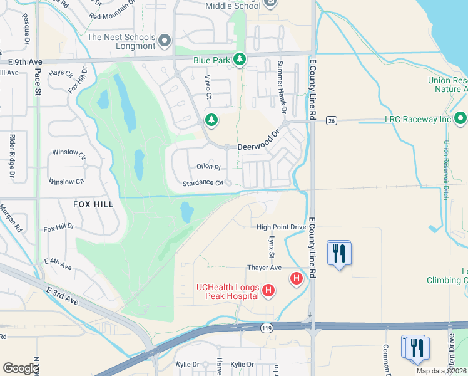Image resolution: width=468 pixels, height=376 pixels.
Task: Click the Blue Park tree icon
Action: (239, 60)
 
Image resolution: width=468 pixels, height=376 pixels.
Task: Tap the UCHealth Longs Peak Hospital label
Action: (228, 292)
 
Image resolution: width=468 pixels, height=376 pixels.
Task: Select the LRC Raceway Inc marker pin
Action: (460, 118)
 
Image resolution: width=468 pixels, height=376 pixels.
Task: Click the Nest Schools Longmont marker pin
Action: (165, 41)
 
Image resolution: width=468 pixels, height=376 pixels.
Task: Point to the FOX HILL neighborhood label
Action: (93, 204)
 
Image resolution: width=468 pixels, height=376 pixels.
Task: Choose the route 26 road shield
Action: (332, 120)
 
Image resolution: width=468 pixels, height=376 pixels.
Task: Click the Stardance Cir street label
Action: (203, 184)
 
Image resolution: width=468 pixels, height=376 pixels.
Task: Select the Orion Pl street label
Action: (208, 167)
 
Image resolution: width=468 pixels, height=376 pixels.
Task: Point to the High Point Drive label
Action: (281, 226)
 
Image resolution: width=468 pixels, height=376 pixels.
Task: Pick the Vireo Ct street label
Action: (208, 88)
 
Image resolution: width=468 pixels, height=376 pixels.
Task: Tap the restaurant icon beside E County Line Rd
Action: (339, 254)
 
